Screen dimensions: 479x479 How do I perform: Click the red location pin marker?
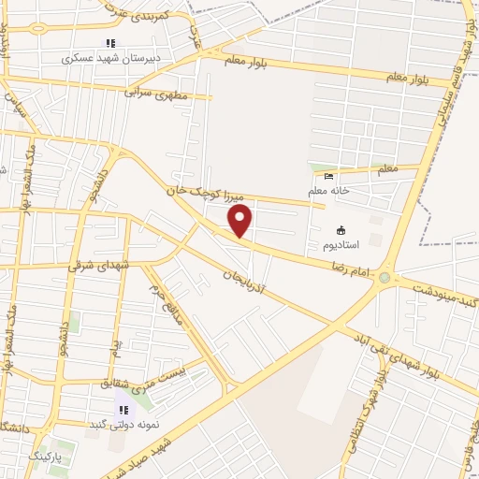click(x=240, y=221)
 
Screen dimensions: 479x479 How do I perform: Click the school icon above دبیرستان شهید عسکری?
click(x=110, y=43)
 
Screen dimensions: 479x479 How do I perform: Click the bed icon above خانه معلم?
click(x=327, y=177)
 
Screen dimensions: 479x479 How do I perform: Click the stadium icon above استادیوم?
click(x=341, y=230)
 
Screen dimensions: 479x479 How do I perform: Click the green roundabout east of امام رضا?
click(x=384, y=277)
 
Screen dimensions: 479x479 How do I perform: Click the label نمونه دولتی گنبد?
click(x=123, y=424)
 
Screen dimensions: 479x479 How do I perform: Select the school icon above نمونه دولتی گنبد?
click(x=123, y=409)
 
